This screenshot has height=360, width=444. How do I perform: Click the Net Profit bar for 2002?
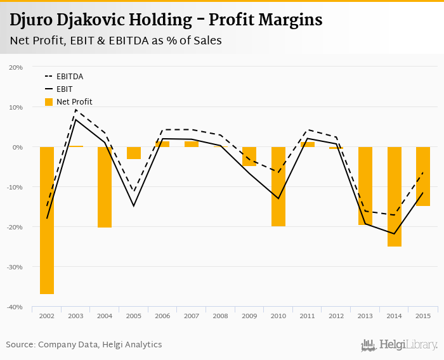coord(47,221)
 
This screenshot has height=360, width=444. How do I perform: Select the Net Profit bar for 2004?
coord(105,187)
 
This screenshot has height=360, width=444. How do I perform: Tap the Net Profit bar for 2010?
coord(278,186)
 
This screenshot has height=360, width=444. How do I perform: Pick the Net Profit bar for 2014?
coord(395,196)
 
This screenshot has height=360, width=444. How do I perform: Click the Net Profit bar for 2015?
coord(423,176)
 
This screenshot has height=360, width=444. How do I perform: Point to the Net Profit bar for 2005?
coord(134,153)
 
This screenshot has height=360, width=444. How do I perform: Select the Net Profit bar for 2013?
coord(365,186)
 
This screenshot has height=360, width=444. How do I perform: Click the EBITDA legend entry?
coord(70,77)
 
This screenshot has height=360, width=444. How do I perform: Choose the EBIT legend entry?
coord(63,89)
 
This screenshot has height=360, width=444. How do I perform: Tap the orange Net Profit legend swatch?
coord(49,101)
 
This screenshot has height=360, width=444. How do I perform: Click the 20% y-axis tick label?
coord(15,67)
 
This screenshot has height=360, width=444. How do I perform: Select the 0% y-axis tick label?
coord(17,147)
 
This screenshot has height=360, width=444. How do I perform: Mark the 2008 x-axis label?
coord(221,316)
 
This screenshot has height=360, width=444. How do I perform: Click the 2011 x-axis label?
coord(308,316)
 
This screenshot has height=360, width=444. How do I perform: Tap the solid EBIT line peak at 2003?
coord(75,120)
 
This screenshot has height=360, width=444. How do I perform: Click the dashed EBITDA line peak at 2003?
coord(75,110)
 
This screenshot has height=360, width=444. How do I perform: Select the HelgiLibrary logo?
coord(399,345)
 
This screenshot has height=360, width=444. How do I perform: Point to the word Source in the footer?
coord(20,345)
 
